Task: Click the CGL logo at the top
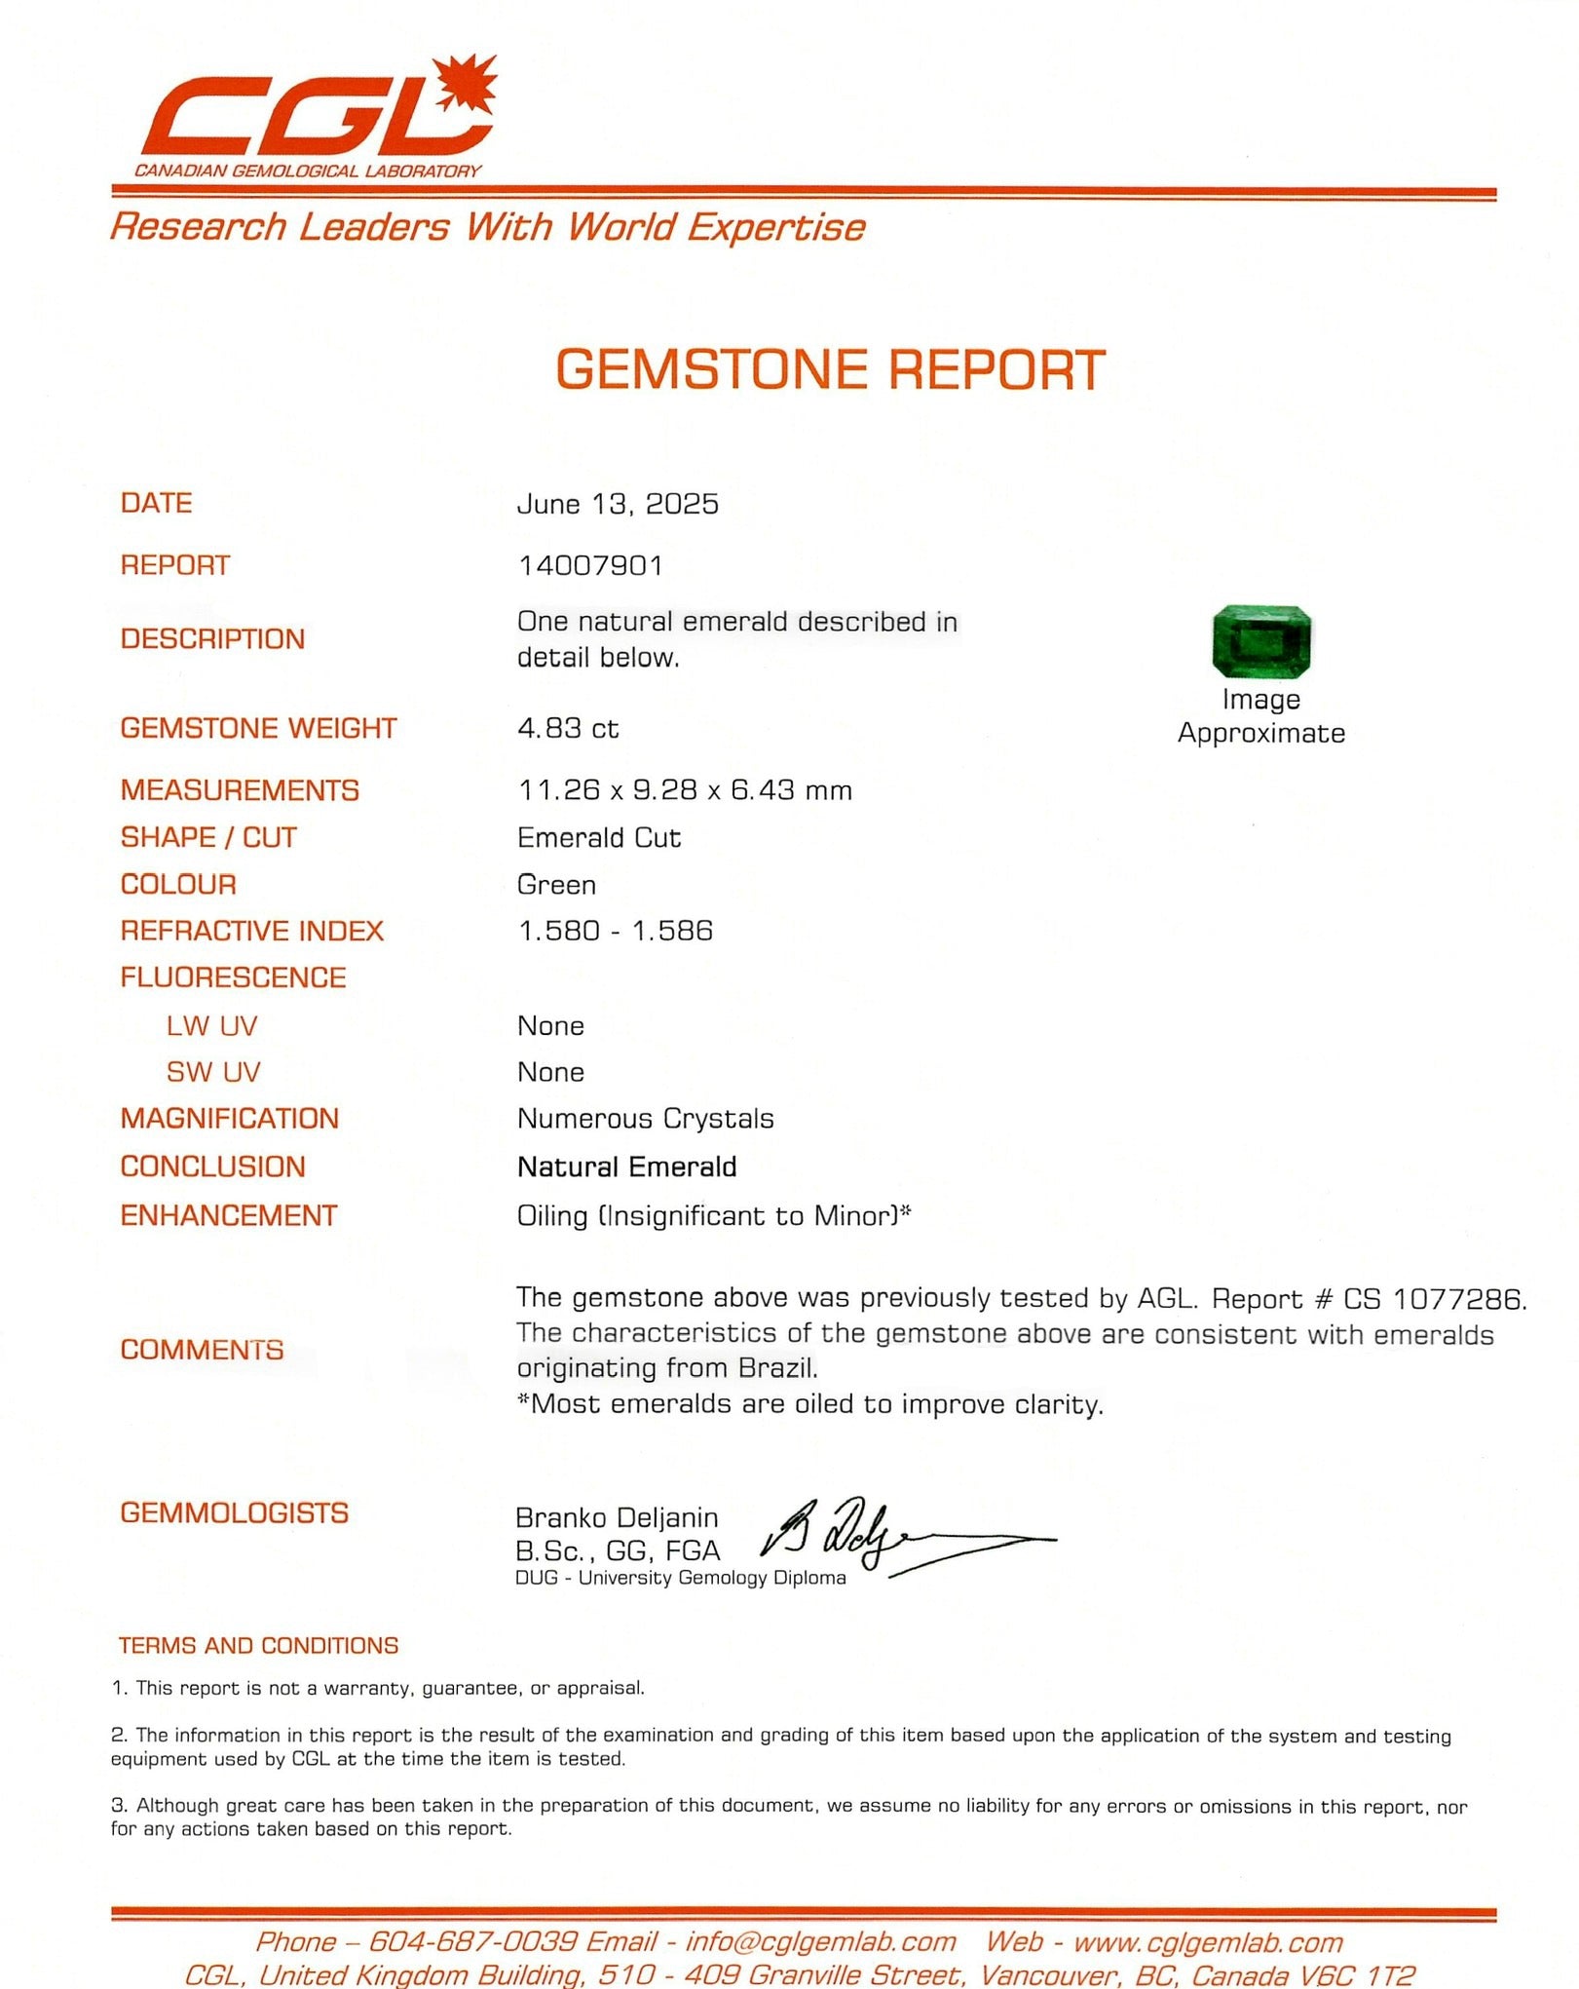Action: click(x=317, y=115)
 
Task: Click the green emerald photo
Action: click(x=1260, y=641)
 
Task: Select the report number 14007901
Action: click(x=590, y=565)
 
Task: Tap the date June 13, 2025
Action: click(x=618, y=504)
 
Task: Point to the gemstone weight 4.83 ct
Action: click(x=568, y=728)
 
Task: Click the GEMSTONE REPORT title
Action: click(x=830, y=370)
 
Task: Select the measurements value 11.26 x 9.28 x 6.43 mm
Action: click(x=685, y=789)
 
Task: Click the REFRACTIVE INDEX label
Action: click(x=251, y=931)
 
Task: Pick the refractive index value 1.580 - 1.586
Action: click(x=615, y=931)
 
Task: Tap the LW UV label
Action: click(x=211, y=1025)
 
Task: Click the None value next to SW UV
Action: click(x=550, y=1072)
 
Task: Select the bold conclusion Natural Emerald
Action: click(x=626, y=1167)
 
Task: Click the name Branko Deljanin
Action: click(x=617, y=1517)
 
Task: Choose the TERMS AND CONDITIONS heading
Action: click(x=258, y=1645)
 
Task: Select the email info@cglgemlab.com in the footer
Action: click(x=820, y=1941)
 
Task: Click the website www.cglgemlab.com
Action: click(x=1207, y=1941)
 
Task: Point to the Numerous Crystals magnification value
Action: click(x=645, y=1119)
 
